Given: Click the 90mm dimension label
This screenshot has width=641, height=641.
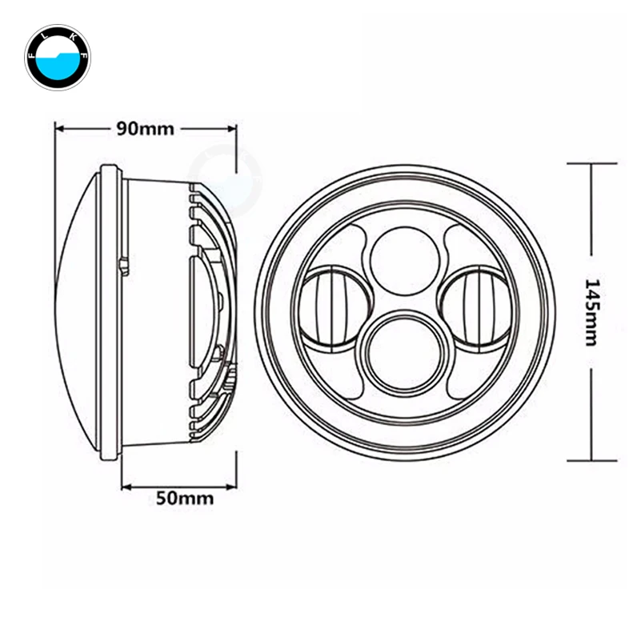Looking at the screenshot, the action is [x=146, y=129].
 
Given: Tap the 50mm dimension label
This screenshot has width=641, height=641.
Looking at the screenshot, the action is [x=185, y=499].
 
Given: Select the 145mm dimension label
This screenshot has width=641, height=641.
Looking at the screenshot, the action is [x=591, y=312].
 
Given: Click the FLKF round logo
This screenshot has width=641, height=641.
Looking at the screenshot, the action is [x=58, y=58].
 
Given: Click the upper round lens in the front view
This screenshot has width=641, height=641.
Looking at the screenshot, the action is [x=403, y=260].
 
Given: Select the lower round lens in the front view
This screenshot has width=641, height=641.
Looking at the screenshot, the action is [x=403, y=351].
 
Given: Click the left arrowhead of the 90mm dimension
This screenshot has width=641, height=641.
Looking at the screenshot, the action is [x=60, y=129].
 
